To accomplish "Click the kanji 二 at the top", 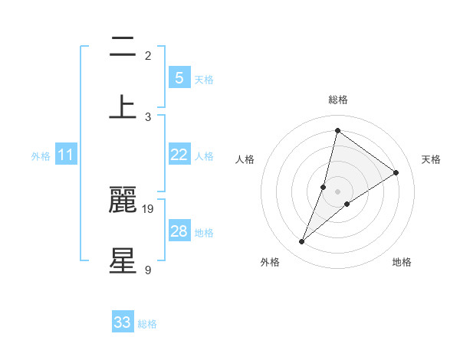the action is point(123,48).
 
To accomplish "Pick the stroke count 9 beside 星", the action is point(147,269).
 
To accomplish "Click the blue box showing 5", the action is point(179,77).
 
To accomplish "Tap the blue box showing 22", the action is point(179,155).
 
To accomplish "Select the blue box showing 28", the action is point(179,231).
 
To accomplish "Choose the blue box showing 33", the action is point(123,322).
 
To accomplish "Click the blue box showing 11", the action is point(66,155).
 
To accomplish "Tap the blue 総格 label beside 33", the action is point(148,324).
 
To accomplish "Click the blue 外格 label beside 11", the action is point(41,156).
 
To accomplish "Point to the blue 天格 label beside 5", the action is point(204,79).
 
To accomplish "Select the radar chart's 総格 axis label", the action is point(337,100).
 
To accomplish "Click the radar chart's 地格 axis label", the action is point(402,262).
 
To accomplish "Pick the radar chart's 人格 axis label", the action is point(245,159).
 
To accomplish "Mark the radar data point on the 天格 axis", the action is point(396,172).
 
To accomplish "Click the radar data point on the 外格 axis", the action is point(302,242).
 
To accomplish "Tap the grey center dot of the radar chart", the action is point(337,191).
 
